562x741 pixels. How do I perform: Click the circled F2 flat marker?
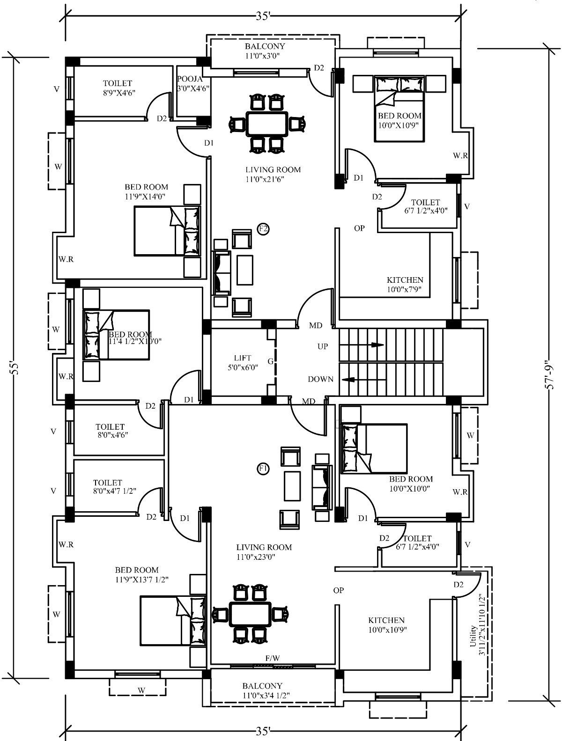click(263, 229)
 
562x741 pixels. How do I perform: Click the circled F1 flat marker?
click(263, 469)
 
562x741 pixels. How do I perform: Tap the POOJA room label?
click(190, 79)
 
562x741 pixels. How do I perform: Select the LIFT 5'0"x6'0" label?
click(243, 363)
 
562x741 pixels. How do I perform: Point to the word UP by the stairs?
click(323, 346)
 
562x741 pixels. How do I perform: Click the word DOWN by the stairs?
click(320, 379)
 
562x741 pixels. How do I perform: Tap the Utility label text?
click(473, 636)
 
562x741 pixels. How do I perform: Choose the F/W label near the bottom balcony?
click(273, 658)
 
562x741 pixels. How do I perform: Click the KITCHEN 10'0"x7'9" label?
click(405, 284)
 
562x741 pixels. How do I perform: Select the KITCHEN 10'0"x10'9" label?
click(387, 624)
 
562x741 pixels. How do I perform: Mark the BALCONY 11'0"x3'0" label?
click(265, 51)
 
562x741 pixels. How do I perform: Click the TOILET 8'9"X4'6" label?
click(118, 88)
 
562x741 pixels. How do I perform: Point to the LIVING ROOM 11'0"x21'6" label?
click(273, 174)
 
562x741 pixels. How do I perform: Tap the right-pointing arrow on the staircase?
click(377, 345)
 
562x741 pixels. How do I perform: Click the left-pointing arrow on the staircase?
click(348, 379)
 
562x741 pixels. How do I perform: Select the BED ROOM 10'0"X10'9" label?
click(399, 120)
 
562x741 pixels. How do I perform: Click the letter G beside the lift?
click(270, 361)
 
